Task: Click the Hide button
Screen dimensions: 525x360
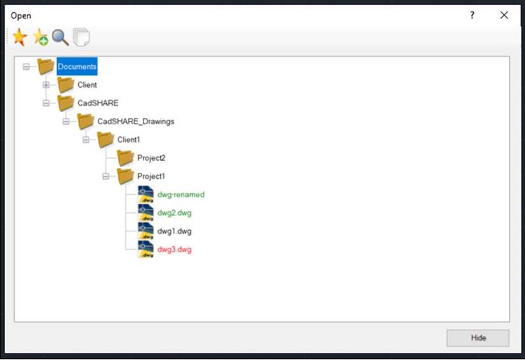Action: [478, 338]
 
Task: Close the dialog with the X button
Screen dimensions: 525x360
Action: [504, 15]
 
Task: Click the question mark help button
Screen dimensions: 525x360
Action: [472, 15]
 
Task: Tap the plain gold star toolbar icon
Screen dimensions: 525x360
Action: [20, 37]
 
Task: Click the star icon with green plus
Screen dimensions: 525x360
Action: [40, 37]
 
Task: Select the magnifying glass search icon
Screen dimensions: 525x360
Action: [61, 37]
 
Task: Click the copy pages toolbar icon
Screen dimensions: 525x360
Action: [81, 37]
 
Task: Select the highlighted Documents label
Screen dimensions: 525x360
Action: [77, 67]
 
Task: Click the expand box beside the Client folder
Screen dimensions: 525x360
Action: [46, 85]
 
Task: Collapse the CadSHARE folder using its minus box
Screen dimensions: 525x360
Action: [46, 103]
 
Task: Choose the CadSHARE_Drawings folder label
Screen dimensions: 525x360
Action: [136, 121]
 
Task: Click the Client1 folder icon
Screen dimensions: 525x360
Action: [106, 140]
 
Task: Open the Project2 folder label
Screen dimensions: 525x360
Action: [151, 158]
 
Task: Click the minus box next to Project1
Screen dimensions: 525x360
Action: [106, 176]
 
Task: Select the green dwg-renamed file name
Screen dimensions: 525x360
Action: [181, 195]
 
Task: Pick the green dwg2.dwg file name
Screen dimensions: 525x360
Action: [174, 213]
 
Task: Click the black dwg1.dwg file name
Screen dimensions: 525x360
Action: [174, 231]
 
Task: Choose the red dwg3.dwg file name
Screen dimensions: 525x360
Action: [174, 249]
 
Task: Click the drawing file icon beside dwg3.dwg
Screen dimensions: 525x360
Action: [145, 249]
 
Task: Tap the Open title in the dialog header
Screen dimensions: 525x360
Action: [20, 16]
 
